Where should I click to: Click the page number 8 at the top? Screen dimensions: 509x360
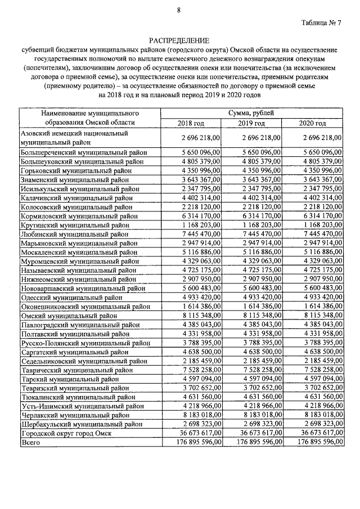point(178,9)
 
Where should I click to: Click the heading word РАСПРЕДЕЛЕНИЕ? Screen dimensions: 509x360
point(178,40)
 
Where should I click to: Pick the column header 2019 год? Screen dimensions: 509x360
point(251,123)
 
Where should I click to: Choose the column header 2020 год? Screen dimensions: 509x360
point(312,123)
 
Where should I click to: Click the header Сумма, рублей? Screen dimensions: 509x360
point(251,113)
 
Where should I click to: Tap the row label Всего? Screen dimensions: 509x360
point(29,443)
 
